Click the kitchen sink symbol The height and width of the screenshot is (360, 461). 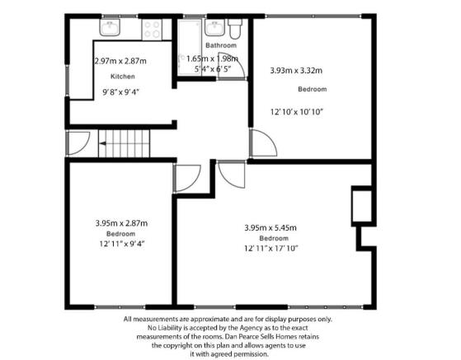[x=110, y=28]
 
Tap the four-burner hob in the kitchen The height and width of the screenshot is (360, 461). [x=152, y=30]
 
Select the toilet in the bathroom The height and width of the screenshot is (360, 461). [x=235, y=29]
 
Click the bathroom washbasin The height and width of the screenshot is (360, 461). [x=214, y=28]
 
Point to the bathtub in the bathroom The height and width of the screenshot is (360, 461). [x=190, y=48]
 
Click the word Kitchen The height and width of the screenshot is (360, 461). [x=123, y=77]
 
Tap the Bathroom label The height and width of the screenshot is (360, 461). [x=221, y=45]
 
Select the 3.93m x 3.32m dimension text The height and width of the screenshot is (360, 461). [x=296, y=71]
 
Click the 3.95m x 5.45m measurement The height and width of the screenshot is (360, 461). [x=270, y=227]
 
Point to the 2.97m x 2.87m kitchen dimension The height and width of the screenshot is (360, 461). [x=120, y=61]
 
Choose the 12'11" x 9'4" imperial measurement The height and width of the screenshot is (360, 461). [x=122, y=244]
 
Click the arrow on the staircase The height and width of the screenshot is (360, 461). [x=103, y=143]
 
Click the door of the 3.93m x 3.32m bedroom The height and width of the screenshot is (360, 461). [x=263, y=143]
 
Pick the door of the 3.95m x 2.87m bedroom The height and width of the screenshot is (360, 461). [x=187, y=178]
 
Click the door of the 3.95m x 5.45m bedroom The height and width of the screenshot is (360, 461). [x=232, y=175]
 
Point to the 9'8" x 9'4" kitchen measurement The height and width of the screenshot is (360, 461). [x=120, y=92]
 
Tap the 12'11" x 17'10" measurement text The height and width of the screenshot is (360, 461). [x=271, y=249]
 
